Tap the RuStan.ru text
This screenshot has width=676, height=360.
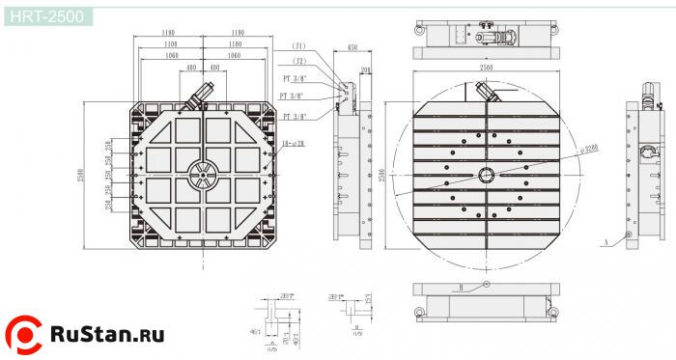[x=107, y=335]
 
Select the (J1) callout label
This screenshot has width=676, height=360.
[x=299, y=46]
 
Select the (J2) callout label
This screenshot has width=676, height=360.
[x=299, y=61]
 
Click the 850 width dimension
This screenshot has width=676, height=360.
[x=352, y=47]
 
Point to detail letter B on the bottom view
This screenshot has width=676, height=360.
[x=462, y=288]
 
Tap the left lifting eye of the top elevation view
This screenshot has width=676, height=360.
[x=419, y=31]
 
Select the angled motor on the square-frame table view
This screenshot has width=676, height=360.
[x=202, y=95]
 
